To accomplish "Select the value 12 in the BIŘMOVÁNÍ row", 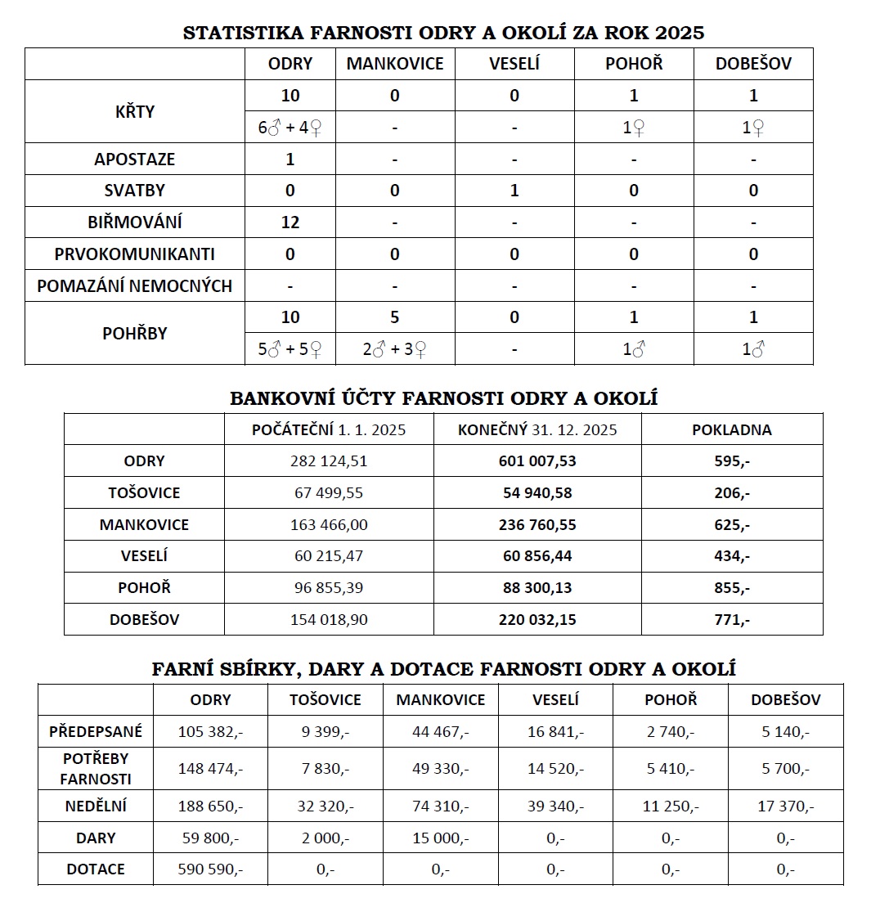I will [x=290, y=222].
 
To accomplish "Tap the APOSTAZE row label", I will [x=134, y=159].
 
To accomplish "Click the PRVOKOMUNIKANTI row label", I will [x=134, y=254].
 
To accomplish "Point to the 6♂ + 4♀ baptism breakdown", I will [x=290, y=128].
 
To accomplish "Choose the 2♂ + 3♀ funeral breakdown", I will [x=394, y=350].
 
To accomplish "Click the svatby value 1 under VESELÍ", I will [x=514, y=191].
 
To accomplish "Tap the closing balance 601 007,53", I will [x=537, y=461].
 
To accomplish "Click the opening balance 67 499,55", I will [x=329, y=493].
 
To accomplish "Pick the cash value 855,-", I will [x=731, y=588].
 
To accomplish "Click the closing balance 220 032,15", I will [x=537, y=620].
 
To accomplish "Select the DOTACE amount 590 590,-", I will [x=210, y=869].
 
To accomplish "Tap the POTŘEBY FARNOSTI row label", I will [x=95, y=768].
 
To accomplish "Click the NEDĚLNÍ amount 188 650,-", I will [x=210, y=806].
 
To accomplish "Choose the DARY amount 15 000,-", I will [x=440, y=838].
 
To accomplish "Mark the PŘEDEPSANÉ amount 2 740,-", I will [x=671, y=731].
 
